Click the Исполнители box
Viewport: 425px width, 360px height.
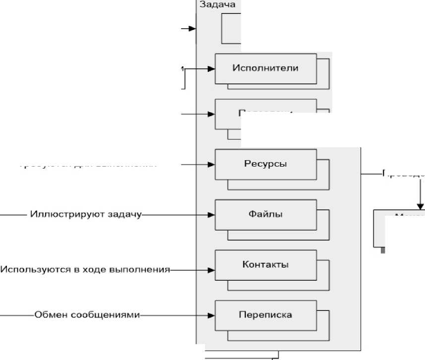point(265,68)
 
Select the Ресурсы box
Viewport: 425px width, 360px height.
point(265,164)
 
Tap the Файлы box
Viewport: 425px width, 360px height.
point(265,215)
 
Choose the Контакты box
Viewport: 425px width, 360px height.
point(265,264)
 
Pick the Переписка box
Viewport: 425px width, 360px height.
point(265,315)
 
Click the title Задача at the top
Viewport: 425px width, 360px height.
point(217,4)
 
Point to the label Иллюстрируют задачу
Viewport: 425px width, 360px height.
point(86,215)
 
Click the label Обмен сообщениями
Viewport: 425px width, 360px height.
point(87,315)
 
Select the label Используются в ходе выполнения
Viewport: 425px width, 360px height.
point(85,270)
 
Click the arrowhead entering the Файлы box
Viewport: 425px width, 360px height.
point(212,215)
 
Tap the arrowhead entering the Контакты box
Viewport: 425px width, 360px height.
point(212,270)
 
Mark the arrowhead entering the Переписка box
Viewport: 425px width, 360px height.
point(212,315)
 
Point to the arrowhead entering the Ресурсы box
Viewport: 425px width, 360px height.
point(212,164)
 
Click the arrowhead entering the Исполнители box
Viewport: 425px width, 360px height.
point(212,69)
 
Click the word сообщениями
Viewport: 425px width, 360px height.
point(113,315)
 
